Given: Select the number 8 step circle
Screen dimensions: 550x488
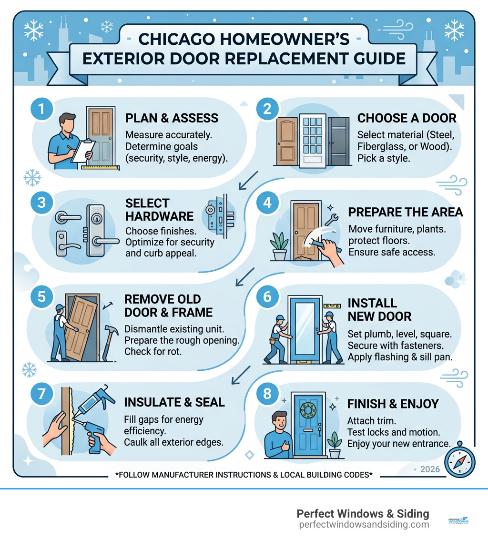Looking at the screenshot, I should click(x=267, y=394).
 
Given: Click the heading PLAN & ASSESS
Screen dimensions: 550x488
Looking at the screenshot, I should click(x=172, y=118).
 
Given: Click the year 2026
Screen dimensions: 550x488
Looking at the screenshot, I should click(x=430, y=469).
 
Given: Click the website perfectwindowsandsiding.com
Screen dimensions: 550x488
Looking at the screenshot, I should click(x=364, y=525).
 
